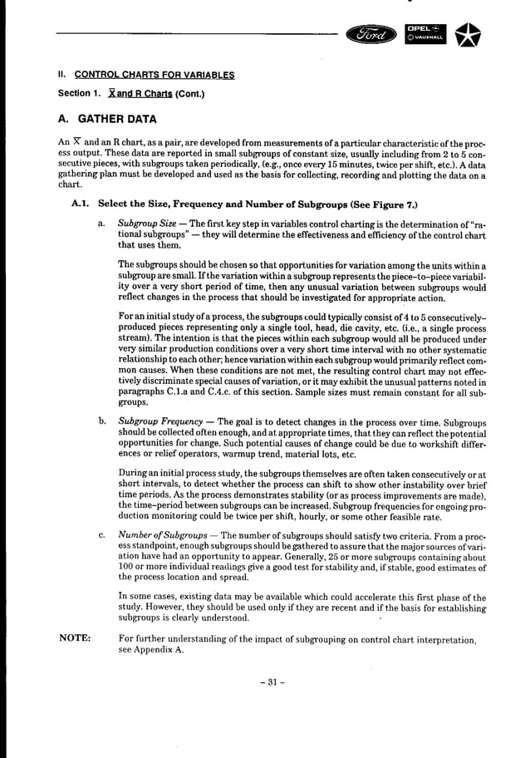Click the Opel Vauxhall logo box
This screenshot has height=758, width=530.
coord(424,35)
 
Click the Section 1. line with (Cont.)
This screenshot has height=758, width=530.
coord(130,93)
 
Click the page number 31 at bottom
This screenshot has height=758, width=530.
coord(265,682)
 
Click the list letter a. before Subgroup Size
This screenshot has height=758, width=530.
coord(101,223)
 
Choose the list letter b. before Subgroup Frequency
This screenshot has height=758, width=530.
coord(101,421)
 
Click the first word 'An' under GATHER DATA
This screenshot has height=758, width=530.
coord(64,143)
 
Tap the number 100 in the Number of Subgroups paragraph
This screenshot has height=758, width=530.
coord(127,565)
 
